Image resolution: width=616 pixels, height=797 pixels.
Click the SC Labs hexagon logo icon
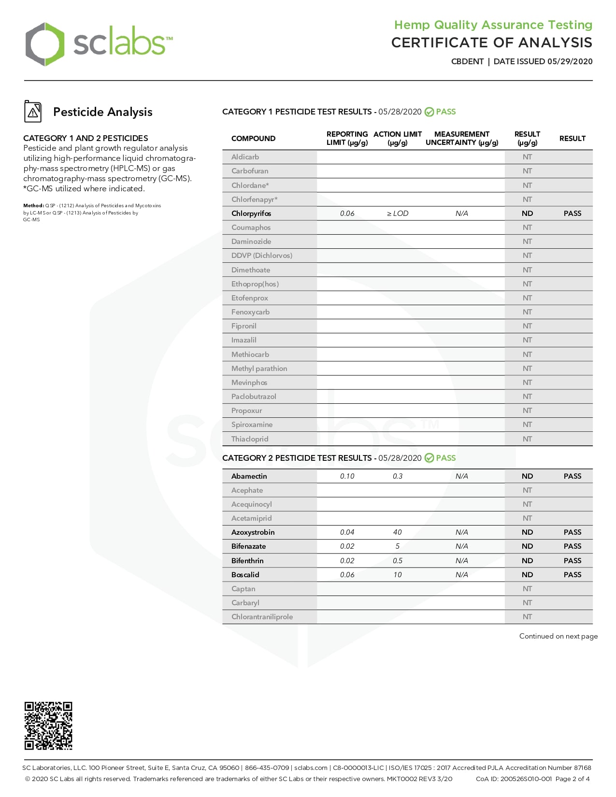click(x=44, y=44)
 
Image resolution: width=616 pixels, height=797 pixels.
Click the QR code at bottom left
click(x=48, y=726)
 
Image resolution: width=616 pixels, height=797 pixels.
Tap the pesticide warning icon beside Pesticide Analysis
click(x=33, y=112)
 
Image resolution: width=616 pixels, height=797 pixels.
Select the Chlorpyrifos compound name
click(x=251, y=213)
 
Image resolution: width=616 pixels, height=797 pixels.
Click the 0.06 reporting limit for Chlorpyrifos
click(x=347, y=213)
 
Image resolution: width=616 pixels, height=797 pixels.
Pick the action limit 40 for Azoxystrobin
click(x=397, y=532)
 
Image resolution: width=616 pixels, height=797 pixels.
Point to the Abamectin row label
click(x=249, y=476)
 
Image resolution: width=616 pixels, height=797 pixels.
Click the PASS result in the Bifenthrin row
click(x=572, y=561)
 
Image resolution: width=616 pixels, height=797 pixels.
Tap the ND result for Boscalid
click(x=527, y=575)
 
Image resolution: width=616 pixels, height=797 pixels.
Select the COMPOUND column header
click(x=253, y=139)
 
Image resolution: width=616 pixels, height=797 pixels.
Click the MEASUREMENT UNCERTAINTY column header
click(x=461, y=138)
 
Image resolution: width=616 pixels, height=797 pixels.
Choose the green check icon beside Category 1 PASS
click(x=429, y=112)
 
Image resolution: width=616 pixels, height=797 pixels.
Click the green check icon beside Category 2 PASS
click(x=429, y=458)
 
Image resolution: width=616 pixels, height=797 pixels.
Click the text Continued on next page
click(x=558, y=636)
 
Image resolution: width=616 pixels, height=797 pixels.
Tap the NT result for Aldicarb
click(x=527, y=157)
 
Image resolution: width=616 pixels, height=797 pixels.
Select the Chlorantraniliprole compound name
click(x=262, y=617)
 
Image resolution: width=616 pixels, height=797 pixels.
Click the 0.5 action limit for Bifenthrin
click(x=397, y=561)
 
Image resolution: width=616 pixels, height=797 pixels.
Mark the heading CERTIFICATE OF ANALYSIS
click(x=491, y=43)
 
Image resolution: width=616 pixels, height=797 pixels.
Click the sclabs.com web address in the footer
click(x=311, y=768)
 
